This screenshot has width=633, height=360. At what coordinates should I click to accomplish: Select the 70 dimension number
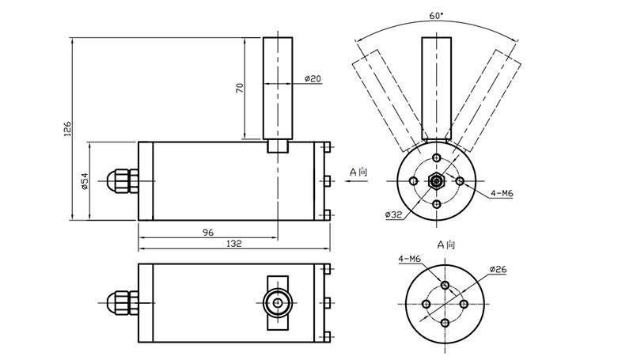click(x=240, y=87)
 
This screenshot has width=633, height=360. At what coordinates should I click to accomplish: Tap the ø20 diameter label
click(x=313, y=78)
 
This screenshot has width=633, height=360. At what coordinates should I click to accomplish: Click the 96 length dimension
click(x=208, y=233)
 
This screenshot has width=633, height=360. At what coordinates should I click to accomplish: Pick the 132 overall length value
click(x=234, y=244)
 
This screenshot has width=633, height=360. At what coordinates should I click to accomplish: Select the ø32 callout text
click(x=395, y=214)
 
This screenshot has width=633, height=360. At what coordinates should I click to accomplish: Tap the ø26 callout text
click(x=498, y=270)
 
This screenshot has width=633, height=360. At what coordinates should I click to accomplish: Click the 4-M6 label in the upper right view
click(x=502, y=192)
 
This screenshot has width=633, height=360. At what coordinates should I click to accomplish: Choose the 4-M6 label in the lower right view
click(x=410, y=258)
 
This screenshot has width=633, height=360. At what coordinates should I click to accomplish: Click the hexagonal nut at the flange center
click(x=437, y=181)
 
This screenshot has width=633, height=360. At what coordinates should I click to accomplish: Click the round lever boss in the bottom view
click(x=277, y=303)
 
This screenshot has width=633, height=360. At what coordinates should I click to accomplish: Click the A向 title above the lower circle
click(x=447, y=245)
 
